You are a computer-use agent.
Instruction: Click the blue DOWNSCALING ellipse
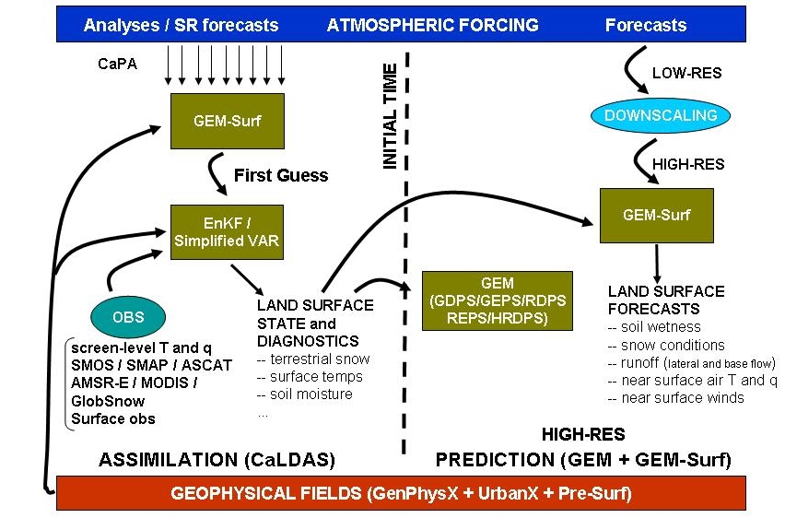pos(660,115)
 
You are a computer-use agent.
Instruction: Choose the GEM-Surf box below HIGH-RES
pos(656,216)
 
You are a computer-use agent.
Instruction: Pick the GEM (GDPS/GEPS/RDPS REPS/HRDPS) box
pos(497,300)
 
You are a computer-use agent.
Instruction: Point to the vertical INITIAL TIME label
pos(390,115)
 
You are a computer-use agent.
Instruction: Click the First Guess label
pos(281,175)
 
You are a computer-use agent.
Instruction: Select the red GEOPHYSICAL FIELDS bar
pos(401,493)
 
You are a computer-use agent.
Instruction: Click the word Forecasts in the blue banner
pos(645,25)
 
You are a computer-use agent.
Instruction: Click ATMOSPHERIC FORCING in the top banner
pos(432,25)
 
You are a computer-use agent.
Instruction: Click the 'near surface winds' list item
pos(676,397)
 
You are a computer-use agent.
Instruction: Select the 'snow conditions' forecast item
pos(666,345)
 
